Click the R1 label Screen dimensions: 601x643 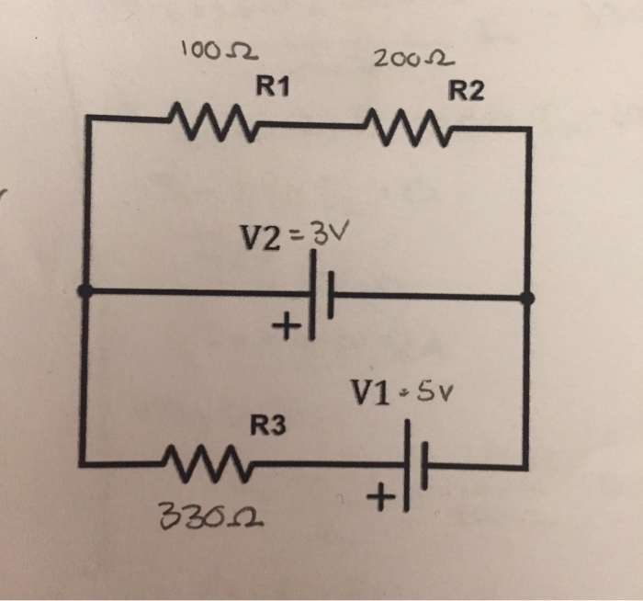[x=273, y=88]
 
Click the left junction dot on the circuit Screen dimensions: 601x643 [x=85, y=292]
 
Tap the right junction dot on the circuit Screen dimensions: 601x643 [x=527, y=298]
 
